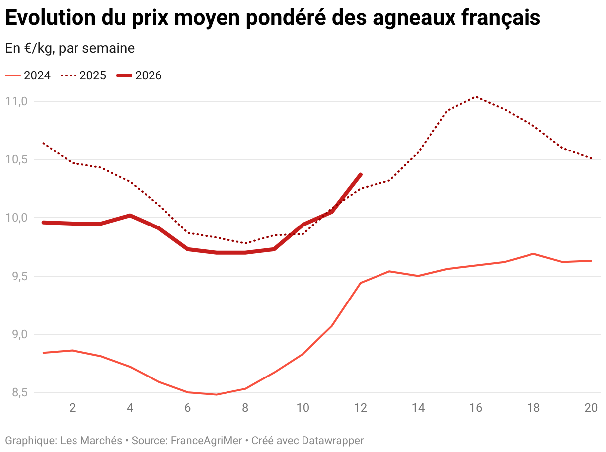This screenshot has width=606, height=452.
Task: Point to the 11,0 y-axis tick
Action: (x=16, y=101)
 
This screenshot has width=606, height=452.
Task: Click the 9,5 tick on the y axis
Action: (x=16, y=276)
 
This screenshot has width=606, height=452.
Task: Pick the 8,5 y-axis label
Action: (x=16, y=392)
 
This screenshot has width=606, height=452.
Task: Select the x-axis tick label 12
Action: (x=360, y=408)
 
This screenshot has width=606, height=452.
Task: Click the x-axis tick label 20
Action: (x=591, y=408)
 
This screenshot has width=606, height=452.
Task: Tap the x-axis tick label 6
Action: (x=187, y=408)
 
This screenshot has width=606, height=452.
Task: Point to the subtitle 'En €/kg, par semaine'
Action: (x=70, y=48)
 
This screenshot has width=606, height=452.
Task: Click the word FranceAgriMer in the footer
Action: (x=207, y=440)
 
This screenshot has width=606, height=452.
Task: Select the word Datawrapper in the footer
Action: (x=332, y=440)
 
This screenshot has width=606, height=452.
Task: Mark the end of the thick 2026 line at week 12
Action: (x=360, y=175)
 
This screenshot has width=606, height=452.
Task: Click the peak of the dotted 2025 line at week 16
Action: (x=476, y=97)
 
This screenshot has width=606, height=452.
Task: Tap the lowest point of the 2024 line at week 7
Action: (x=217, y=394)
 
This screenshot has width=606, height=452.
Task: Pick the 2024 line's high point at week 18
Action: (x=533, y=254)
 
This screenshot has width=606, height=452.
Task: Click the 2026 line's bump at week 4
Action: (x=130, y=216)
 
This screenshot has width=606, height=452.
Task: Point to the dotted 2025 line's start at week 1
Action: (x=44, y=143)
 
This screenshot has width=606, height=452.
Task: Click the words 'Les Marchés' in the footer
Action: (x=91, y=440)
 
